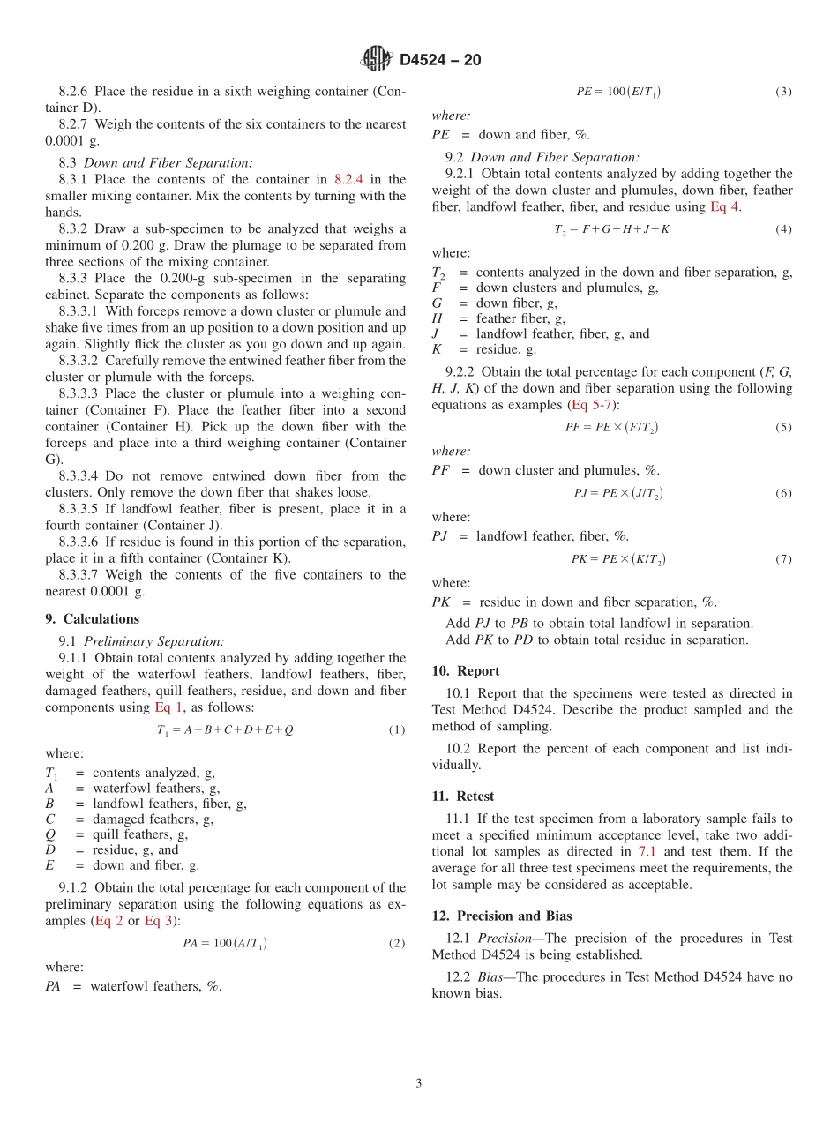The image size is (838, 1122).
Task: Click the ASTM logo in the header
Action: point(377,59)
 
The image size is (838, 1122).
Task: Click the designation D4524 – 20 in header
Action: point(440,60)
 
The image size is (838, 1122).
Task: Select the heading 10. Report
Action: point(466,670)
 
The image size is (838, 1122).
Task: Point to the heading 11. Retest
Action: point(463,796)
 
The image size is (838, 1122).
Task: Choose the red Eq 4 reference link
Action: point(725,206)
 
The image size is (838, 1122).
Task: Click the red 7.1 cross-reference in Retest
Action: point(647,851)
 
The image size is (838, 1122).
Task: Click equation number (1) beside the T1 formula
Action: point(397,730)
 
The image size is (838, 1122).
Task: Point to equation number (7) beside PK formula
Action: point(783,559)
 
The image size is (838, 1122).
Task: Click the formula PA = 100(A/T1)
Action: point(225,944)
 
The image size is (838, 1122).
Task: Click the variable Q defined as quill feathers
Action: point(50,834)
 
